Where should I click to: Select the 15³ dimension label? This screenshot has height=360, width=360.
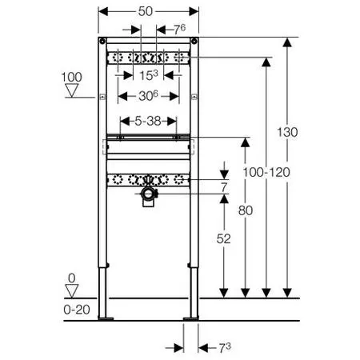click(x=150, y=76)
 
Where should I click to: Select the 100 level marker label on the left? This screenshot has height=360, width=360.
click(x=71, y=78)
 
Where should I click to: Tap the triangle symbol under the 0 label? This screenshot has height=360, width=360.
click(x=71, y=293)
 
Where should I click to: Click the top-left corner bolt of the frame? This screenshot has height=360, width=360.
click(x=102, y=42)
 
